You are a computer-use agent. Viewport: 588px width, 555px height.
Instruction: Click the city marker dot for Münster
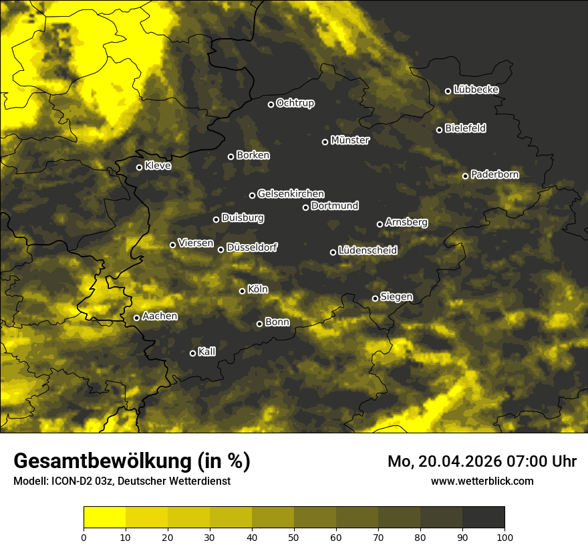(325, 142)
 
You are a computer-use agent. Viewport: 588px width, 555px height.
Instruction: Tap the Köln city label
(258, 290)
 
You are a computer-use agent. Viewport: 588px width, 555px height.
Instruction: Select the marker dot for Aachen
(136, 318)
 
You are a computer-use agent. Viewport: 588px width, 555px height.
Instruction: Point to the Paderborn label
(494, 175)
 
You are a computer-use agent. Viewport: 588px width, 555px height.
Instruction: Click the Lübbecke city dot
(448, 91)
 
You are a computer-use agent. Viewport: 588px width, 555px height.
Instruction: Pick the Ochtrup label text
(295, 103)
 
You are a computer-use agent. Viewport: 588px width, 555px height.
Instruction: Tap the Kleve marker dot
(140, 167)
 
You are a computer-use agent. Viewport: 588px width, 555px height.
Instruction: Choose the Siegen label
(396, 297)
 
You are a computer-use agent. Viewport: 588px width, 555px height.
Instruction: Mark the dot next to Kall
(193, 353)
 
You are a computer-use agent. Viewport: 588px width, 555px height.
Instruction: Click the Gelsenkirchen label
(291, 194)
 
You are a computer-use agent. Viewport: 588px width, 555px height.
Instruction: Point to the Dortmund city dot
(306, 207)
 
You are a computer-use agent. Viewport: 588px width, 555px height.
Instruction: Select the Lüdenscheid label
(367, 251)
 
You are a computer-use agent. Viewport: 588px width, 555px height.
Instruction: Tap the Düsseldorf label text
(252, 247)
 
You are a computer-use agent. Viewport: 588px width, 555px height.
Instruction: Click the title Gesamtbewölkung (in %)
(132, 461)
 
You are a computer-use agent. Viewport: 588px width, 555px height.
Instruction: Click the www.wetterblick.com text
(482, 481)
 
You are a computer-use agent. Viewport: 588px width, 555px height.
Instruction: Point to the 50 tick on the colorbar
(294, 536)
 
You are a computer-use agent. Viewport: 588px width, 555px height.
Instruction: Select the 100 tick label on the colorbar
(504, 536)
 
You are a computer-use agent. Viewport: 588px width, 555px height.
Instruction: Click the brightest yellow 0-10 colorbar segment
(105, 517)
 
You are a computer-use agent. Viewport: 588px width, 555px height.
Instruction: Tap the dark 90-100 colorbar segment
(483, 517)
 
